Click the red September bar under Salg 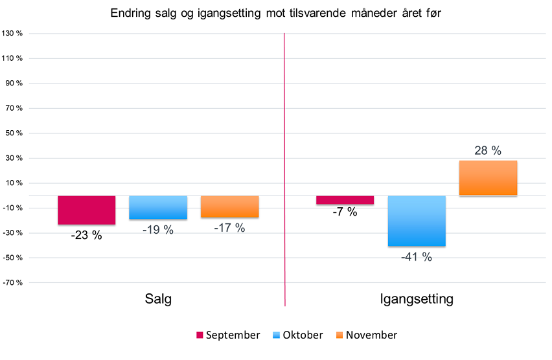(x=86, y=210)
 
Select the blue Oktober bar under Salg (x=158, y=207)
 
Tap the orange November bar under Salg (x=229, y=206)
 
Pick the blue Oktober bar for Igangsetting (x=417, y=221)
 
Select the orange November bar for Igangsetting (x=488, y=178)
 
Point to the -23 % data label (x=86, y=236)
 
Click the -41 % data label (x=416, y=257)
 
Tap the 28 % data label (x=489, y=150)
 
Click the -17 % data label (x=229, y=228)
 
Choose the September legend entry (x=228, y=335)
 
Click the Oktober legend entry (x=299, y=335)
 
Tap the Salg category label (x=158, y=299)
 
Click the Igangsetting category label (x=416, y=299)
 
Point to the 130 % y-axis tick (x=13, y=34)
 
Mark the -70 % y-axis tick (x=13, y=283)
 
